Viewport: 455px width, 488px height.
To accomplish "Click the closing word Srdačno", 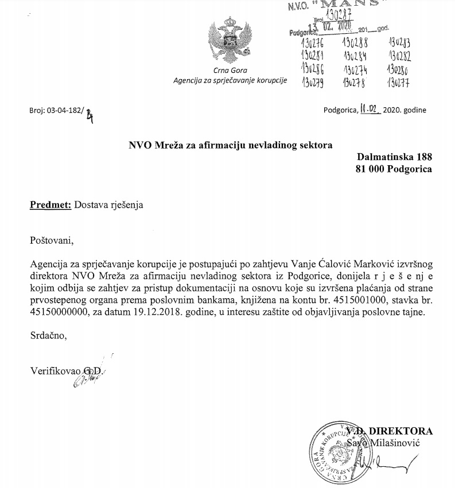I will coord(48,336).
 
